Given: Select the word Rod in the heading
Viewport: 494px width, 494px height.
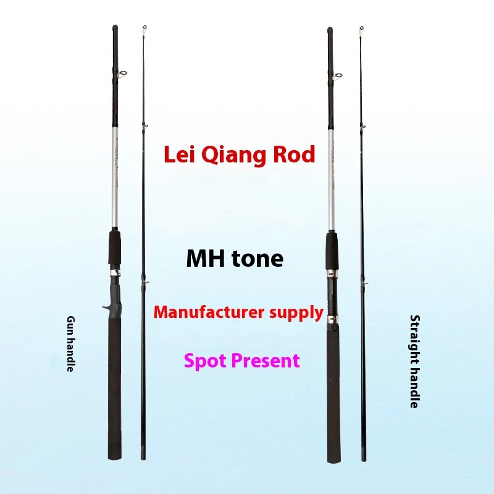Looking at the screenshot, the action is tap(294, 154).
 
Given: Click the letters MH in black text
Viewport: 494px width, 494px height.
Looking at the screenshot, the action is tap(206, 259).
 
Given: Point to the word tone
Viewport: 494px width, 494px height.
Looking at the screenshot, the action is tap(257, 259).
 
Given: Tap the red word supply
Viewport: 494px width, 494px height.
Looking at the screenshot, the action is tap(296, 313).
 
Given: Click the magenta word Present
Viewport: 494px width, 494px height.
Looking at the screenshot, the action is tap(266, 361).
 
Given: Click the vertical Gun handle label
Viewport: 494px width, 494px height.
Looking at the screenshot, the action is tap(71, 344).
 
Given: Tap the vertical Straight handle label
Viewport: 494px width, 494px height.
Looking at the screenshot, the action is tap(414, 361).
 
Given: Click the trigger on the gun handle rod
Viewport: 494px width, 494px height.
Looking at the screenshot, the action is tap(106, 307).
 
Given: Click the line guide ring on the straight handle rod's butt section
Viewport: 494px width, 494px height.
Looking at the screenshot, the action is tap(338, 76).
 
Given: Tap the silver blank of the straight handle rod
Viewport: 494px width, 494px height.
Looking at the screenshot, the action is tap(331, 180).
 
